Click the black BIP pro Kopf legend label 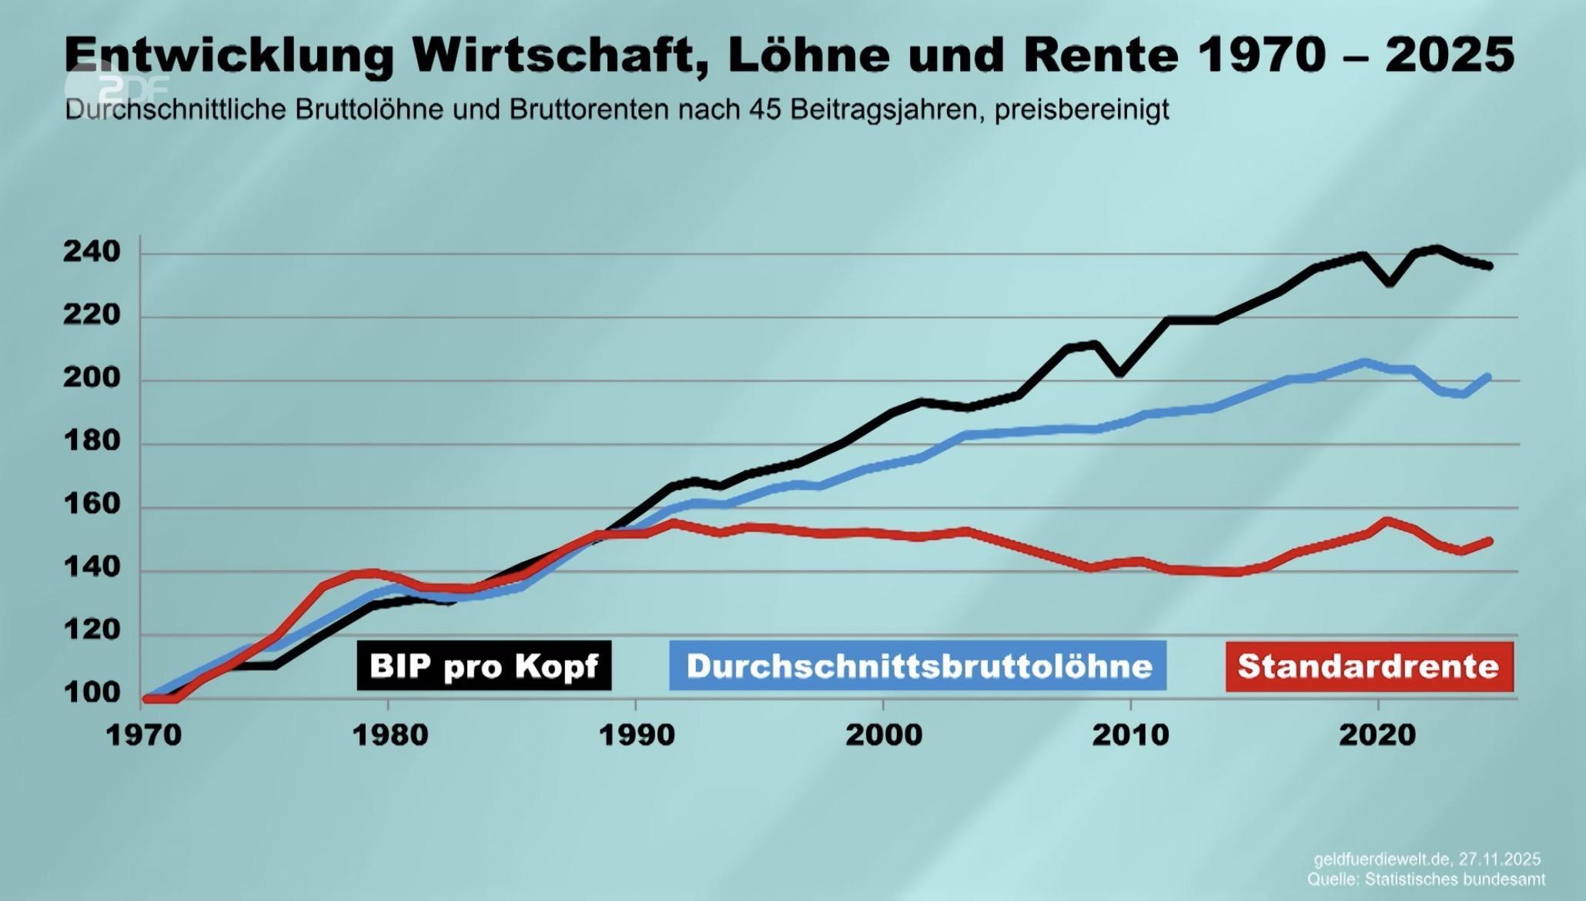point(483,666)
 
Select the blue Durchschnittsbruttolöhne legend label point(918,666)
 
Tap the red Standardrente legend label point(1369,666)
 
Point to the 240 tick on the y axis point(92,252)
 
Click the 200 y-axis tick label point(92,379)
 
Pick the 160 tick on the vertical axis point(92,505)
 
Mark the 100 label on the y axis point(92,692)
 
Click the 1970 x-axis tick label point(143,735)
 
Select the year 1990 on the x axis point(637,735)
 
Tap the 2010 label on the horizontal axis point(1130,735)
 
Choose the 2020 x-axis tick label point(1377,735)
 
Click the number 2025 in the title point(1449,55)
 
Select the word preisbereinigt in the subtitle point(1081,110)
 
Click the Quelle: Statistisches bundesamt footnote point(1425,879)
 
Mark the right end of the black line point(1489,266)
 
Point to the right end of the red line point(1489,541)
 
